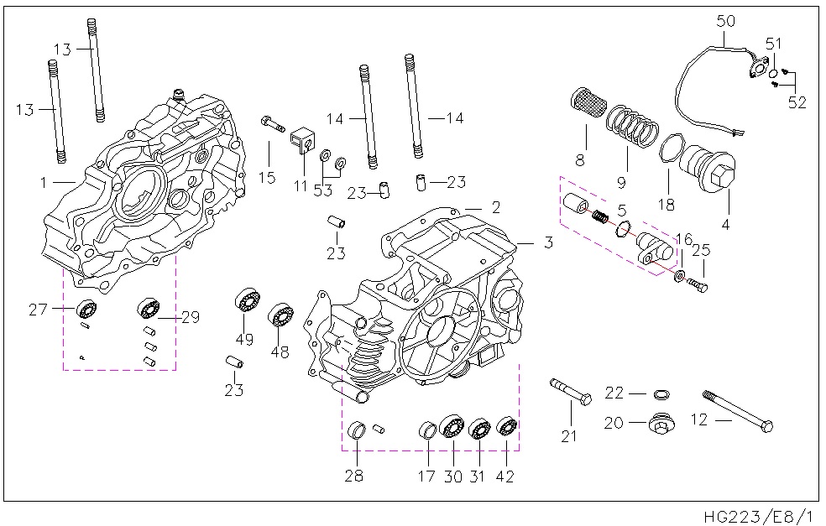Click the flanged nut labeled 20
pos(659,424)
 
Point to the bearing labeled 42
pos(506,426)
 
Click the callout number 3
pos(547,243)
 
